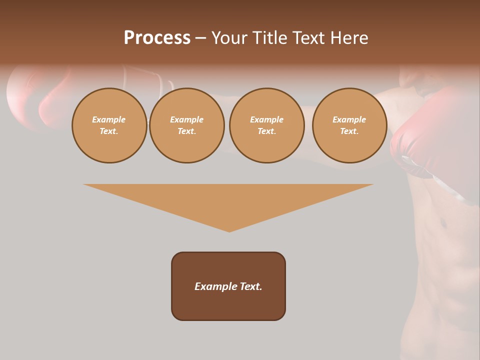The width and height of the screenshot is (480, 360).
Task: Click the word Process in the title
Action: point(157,38)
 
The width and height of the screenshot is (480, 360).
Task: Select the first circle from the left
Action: point(109,125)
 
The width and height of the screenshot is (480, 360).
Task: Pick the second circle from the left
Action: point(187,125)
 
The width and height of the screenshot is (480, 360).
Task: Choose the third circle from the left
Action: point(267,125)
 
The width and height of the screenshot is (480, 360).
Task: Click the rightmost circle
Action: point(349,125)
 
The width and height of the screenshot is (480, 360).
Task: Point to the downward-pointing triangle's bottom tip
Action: point(229,231)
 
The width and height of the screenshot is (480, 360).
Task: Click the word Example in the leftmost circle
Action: point(109,119)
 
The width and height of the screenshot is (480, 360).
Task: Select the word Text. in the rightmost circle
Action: point(349,131)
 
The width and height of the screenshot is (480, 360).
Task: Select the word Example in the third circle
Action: point(267,119)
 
